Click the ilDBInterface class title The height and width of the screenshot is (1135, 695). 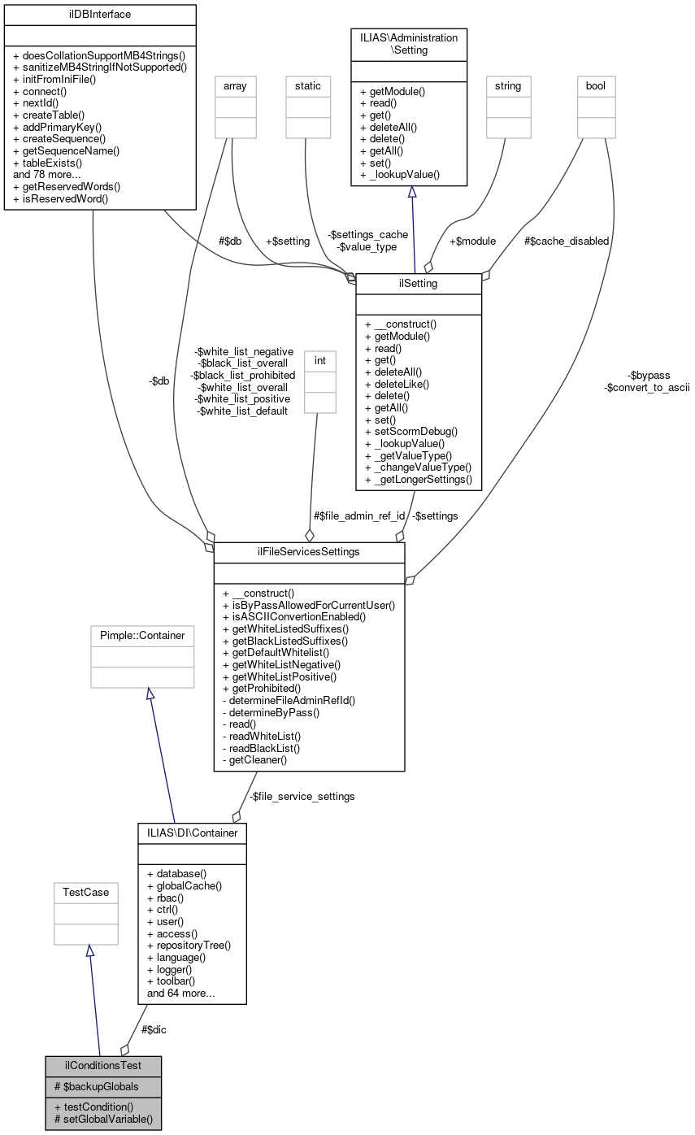pos(100,15)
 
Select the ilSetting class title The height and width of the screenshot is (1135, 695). pos(419,284)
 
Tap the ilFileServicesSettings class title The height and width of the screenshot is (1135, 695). pos(309,552)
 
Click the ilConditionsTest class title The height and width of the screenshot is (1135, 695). pos(103,1066)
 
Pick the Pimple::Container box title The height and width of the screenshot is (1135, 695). pos(142,635)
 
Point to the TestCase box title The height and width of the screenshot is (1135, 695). pos(86,892)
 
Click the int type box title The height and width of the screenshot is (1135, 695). pos(319,360)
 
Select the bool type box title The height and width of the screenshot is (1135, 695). pos(596,85)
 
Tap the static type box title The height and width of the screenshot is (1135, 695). pos(308,85)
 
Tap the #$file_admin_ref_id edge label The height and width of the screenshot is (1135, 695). pos(358,515)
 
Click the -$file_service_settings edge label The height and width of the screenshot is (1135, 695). pos(302,797)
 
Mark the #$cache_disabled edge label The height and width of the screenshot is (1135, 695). pos(567,241)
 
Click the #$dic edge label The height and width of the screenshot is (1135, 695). pos(154,1029)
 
